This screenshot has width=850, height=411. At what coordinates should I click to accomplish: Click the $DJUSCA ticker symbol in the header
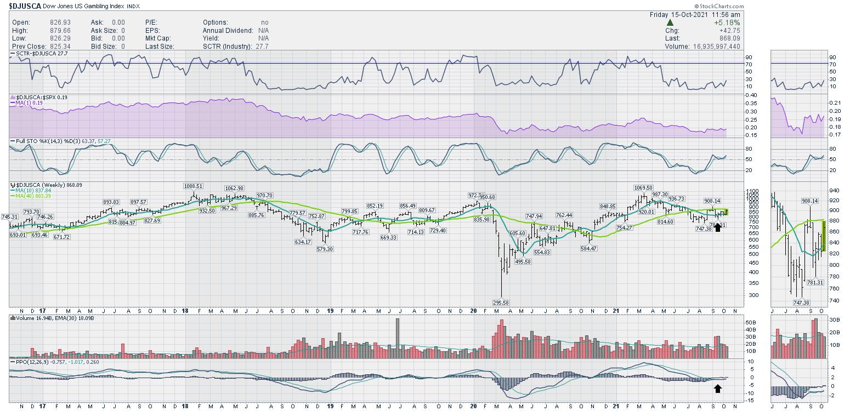tap(26, 6)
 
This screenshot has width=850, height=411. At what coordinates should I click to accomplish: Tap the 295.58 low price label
tap(501, 302)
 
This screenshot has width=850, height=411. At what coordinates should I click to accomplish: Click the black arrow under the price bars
tap(717, 227)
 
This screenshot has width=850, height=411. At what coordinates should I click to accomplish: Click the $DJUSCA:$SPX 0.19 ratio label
tap(39, 97)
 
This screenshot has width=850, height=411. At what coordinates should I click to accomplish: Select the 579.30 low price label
tap(325, 249)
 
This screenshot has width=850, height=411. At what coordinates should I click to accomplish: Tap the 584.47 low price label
tap(591, 248)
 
